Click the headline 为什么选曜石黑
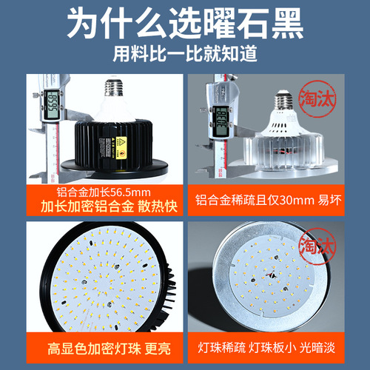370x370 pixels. pyautogui.click(x=184, y=24)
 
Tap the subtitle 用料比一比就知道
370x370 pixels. pyautogui.click(x=184, y=55)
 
